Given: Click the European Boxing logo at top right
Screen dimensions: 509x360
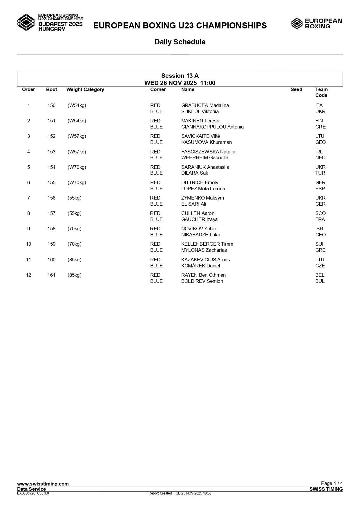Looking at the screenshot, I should click(316, 23).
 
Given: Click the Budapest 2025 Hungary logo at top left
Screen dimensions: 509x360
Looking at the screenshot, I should click(50, 22).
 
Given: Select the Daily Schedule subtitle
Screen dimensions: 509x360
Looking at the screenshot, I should click(180, 42).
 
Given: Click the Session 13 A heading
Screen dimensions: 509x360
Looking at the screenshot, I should click(180, 76).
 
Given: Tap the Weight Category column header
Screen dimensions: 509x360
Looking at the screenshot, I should click(85, 90).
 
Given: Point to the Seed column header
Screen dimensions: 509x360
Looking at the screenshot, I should click(296, 90).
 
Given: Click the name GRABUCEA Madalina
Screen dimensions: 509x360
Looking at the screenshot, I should click(205, 106).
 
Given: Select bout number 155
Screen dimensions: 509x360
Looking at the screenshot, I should click(51, 183).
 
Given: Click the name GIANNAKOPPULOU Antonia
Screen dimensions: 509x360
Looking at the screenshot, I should click(212, 127).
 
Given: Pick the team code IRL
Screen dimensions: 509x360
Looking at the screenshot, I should click(319, 152).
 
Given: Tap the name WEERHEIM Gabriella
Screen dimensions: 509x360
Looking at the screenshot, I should click(205, 158).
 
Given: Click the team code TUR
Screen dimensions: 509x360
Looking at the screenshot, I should click(320, 173).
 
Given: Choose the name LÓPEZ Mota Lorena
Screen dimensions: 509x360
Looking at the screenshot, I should click(203, 189).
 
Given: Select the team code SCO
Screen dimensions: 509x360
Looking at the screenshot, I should click(320, 213).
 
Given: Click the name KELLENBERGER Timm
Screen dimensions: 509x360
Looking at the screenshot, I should click(207, 244).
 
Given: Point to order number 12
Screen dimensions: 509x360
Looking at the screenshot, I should click(28, 275).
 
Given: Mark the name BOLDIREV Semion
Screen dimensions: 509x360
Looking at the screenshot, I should click(202, 281).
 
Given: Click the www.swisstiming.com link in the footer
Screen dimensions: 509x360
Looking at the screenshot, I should click(43, 484).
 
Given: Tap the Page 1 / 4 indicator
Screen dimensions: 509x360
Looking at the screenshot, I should click(332, 483).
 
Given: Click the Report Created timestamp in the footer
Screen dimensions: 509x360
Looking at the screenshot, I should click(180, 493).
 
